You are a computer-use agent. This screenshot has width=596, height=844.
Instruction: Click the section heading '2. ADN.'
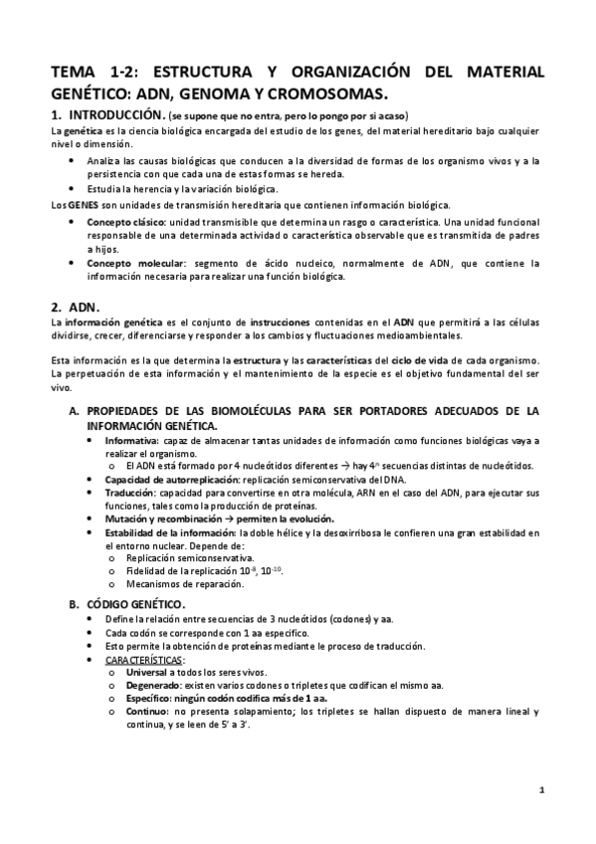click(x=82, y=307)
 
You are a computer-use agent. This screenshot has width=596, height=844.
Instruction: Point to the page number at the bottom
click(x=541, y=791)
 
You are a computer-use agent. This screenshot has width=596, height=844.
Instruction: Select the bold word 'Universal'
click(x=149, y=673)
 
